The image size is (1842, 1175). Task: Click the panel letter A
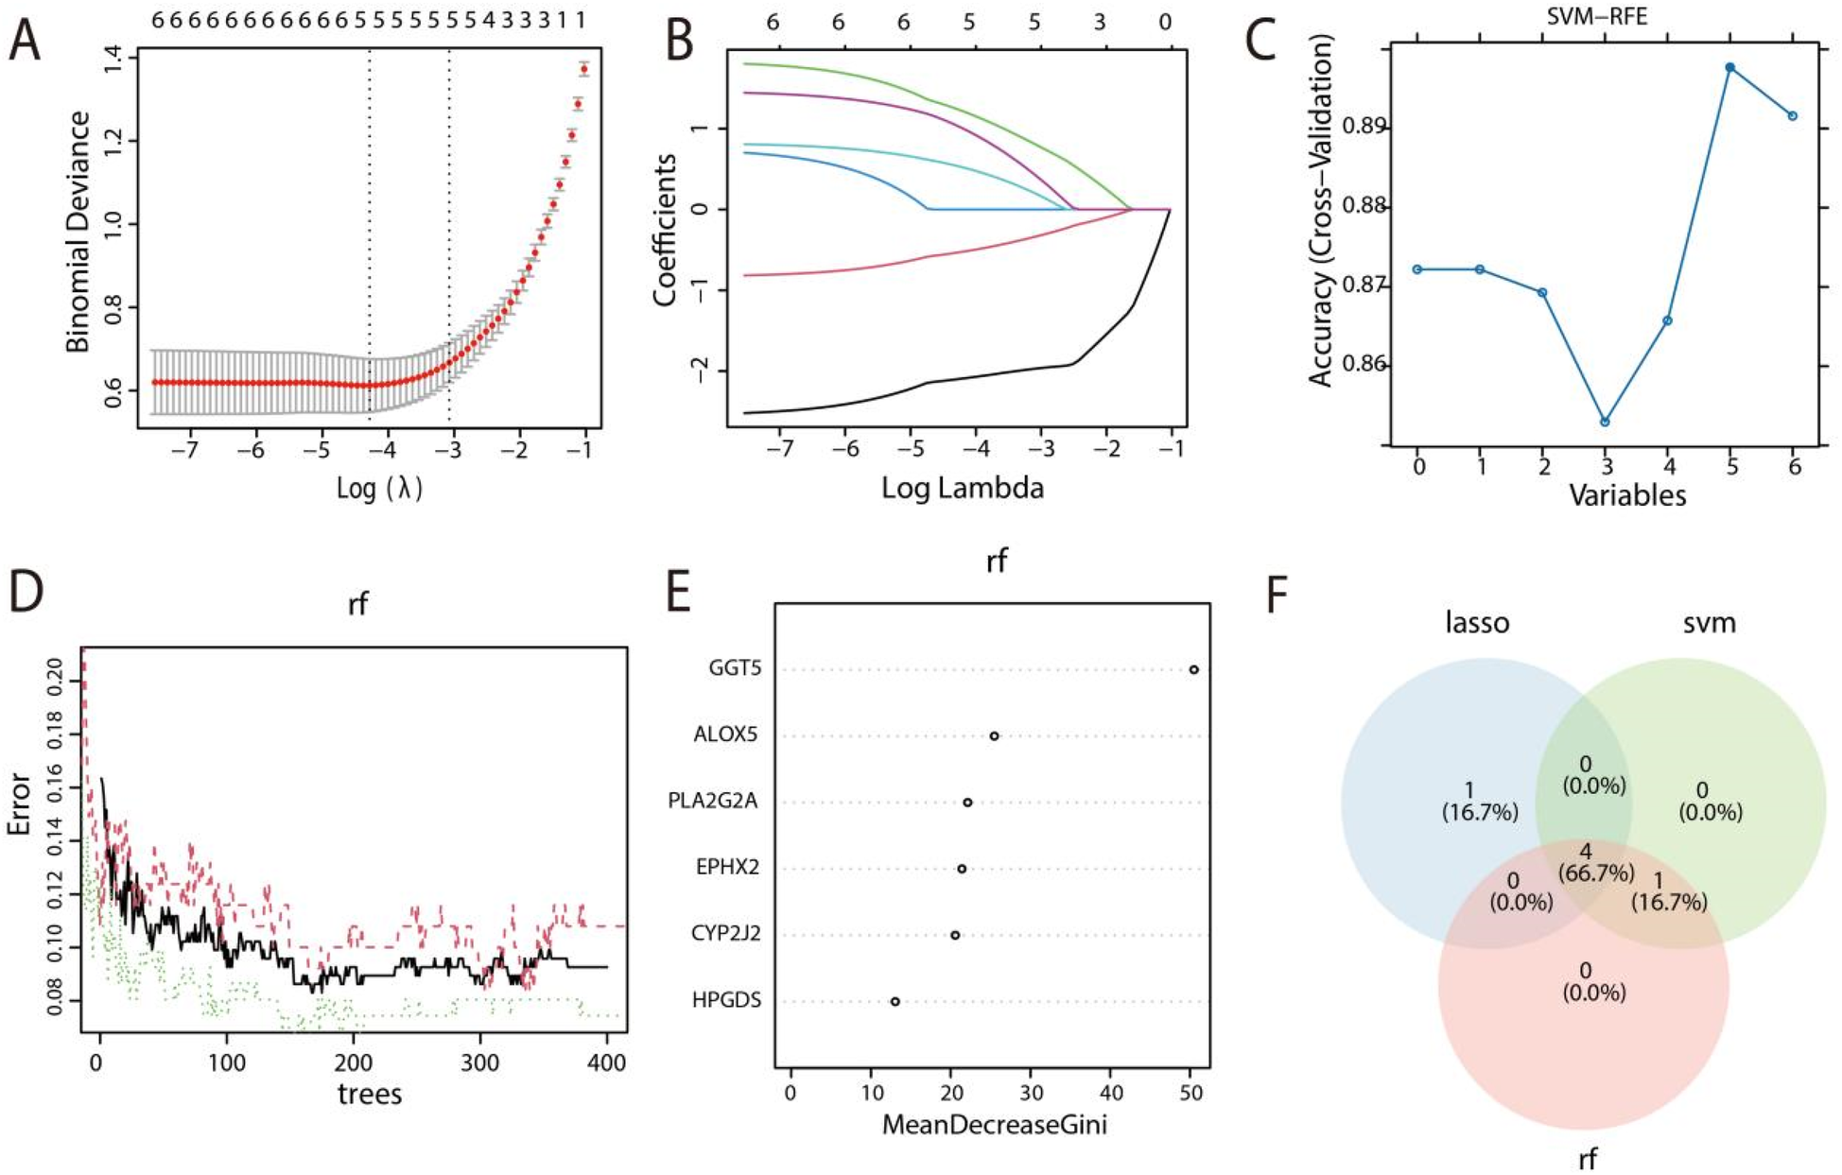(26, 43)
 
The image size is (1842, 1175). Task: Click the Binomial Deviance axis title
(79, 232)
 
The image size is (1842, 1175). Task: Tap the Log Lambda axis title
(962, 488)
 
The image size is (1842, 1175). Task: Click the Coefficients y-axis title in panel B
(666, 230)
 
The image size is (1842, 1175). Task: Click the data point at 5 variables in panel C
(1729, 67)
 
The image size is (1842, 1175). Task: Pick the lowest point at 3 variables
(1605, 422)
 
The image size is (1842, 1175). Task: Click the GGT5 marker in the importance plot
(1193, 669)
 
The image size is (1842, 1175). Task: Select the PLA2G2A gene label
(714, 802)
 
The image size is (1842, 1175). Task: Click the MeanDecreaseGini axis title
(994, 1125)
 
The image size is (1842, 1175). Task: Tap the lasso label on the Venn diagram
(1477, 623)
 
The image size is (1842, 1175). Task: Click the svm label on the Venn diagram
(1711, 623)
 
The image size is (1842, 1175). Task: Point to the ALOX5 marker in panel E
(994, 735)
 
